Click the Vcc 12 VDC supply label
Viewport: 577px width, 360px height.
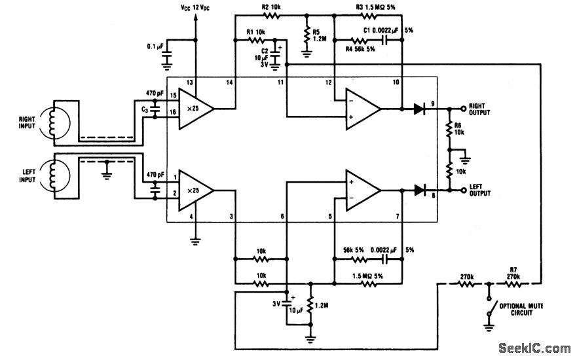tap(195, 7)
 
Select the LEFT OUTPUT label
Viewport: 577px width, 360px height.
tap(485, 190)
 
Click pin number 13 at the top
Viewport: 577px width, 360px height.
tap(191, 82)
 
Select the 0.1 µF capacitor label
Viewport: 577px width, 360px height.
tap(155, 46)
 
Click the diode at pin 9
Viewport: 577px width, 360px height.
tap(420, 108)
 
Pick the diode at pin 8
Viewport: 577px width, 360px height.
tap(420, 190)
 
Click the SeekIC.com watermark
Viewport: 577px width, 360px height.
tap(534, 348)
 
